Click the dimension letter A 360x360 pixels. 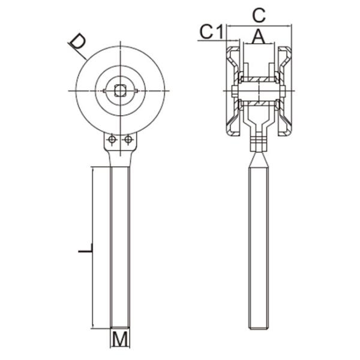[258, 37]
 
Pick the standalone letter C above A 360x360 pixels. [259, 14]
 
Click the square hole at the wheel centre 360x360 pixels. [121, 91]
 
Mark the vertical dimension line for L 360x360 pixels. [92, 248]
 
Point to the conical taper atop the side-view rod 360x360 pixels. [259, 159]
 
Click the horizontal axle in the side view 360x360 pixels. [259, 91]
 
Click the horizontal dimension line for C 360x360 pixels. [259, 26]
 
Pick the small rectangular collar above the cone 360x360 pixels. [259, 144]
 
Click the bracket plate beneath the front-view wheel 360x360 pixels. [119, 143]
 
